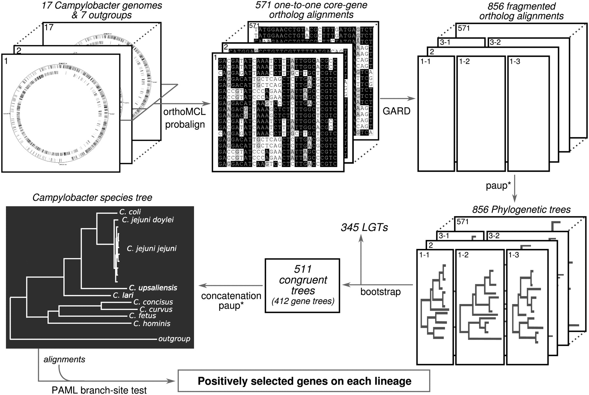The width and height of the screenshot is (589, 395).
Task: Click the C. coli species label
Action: [x=130, y=212]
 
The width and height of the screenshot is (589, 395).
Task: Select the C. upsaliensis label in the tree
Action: [x=153, y=288]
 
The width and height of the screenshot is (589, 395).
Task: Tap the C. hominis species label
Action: [x=152, y=323]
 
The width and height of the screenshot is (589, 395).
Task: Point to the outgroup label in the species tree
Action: [x=174, y=339]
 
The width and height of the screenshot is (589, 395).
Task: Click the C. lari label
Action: [x=123, y=295]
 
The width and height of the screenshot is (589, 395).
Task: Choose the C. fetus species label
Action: [x=142, y=315]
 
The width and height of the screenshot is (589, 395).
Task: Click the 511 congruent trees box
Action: [x=302, y=285]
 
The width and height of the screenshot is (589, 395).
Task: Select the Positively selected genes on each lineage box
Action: [x=304, y=381]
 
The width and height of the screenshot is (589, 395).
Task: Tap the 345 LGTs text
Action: [x=364, y=227]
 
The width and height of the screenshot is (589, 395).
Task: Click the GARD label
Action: [x=396, y=111]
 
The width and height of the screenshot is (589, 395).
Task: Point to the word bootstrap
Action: [x=380, y=292]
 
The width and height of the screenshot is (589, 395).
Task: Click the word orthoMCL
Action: [x=185, y=112]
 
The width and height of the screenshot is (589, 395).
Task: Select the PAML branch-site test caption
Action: [x=99, y=390]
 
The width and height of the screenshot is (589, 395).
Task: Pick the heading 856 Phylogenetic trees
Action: [x=521, y=209]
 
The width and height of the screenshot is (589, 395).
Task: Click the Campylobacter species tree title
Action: [x=92, y=198]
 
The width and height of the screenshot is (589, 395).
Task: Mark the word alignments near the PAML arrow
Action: [x=64, y=359]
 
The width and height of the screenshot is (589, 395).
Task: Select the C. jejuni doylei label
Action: [x=148, y=220]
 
